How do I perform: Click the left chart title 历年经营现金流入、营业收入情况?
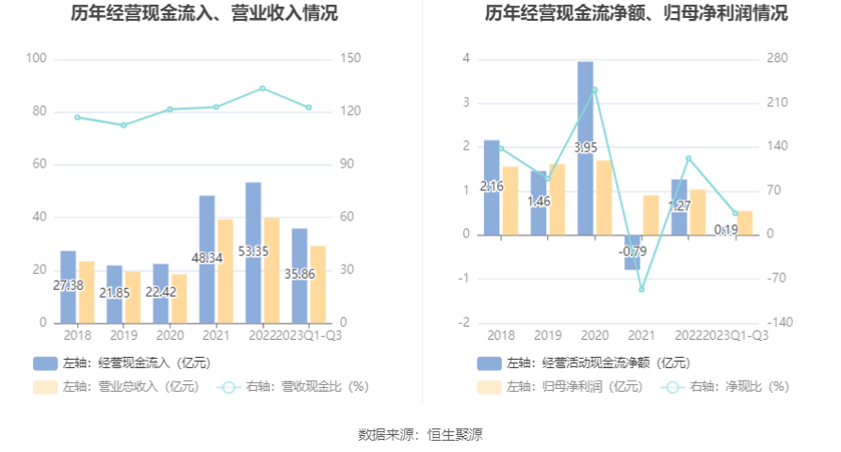click(x=204, y=14)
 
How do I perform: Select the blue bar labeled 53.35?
click(x=253, y=251)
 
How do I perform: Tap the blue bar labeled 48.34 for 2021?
click(x=207, y=258)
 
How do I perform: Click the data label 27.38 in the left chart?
click(x=68, y=285)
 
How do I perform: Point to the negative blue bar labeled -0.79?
click(x=632, y=252)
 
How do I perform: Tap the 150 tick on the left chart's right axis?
click(x=350, y=58)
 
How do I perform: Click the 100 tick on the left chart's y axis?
click(x=37, y=58)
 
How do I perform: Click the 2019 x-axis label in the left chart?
click(x=122, y=334)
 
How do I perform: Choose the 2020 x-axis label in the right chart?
click(x=595, y=334)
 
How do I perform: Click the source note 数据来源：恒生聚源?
click(x=420, y=434)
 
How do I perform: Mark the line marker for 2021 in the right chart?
click(x=641, y=289)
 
